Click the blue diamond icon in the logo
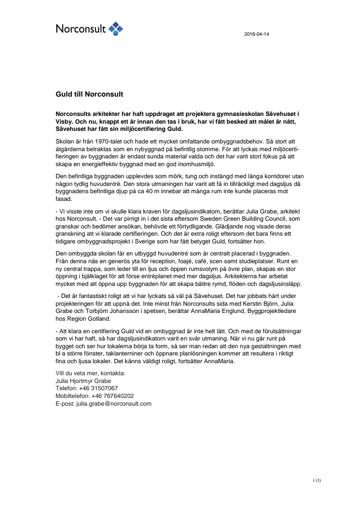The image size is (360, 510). point(116,28)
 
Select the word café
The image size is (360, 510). point(179,262)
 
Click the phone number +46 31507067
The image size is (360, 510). point(97,388)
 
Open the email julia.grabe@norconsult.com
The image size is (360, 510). point(114,403)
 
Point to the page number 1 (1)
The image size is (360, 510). point(317,480)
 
